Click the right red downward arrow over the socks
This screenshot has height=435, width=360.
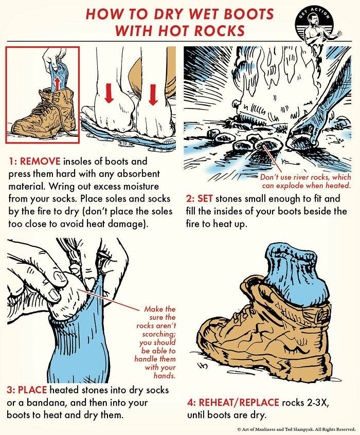(x=152, y=95)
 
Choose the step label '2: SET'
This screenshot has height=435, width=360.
(x=200, y=198)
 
